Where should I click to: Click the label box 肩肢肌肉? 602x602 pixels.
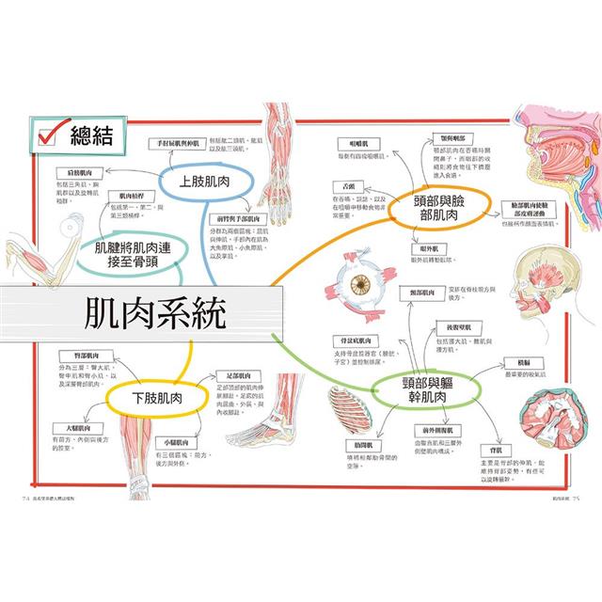[x=72, y=174]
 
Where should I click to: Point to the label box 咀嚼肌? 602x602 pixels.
[x=357, y=142]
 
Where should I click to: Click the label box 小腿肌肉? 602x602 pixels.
[x=175, y=440]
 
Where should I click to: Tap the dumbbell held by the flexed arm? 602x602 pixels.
[x=13, y=230]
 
